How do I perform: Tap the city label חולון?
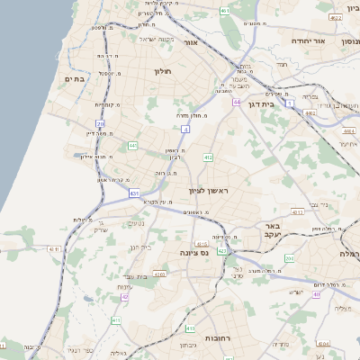point(162,71)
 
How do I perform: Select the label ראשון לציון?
point(210,193)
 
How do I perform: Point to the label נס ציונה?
point(193,253)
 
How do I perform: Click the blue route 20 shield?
point(100,123)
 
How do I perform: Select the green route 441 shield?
point(132,145)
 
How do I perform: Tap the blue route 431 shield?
point(134,193)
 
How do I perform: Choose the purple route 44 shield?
point(236,102)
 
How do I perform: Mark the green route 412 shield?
point(208,157)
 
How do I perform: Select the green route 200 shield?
point(289,258)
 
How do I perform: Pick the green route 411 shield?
point(115,319)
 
